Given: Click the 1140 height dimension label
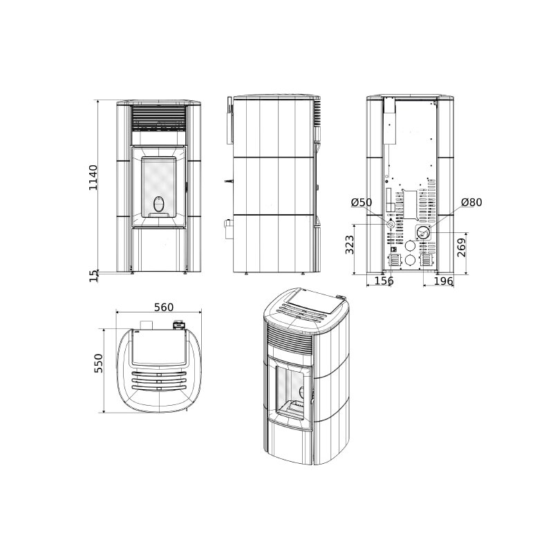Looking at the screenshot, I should pos(93,178).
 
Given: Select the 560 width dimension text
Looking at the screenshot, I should pos(163,308).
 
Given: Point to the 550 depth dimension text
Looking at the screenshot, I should pos(98,364).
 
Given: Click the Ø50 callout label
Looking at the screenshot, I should pos(362,203).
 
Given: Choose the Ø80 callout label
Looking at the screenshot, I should pos(471,203).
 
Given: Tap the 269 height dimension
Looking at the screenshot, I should pos(462,247).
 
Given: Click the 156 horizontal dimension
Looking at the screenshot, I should pos(384,281).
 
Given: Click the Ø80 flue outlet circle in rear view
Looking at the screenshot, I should pos(423,232).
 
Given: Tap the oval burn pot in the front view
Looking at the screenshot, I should pos(160,205).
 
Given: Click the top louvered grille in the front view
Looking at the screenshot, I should pos(160,118).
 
